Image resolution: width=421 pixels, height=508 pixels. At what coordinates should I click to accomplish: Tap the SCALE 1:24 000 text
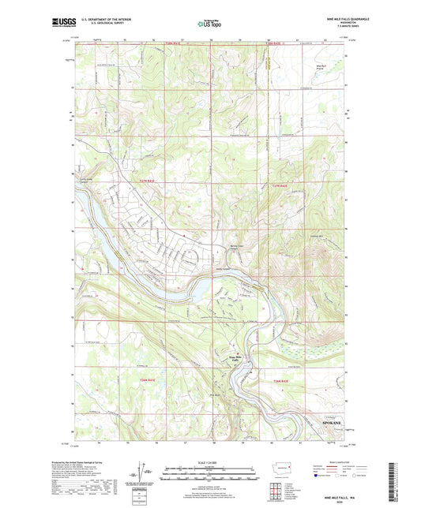(x=210, y=462)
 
